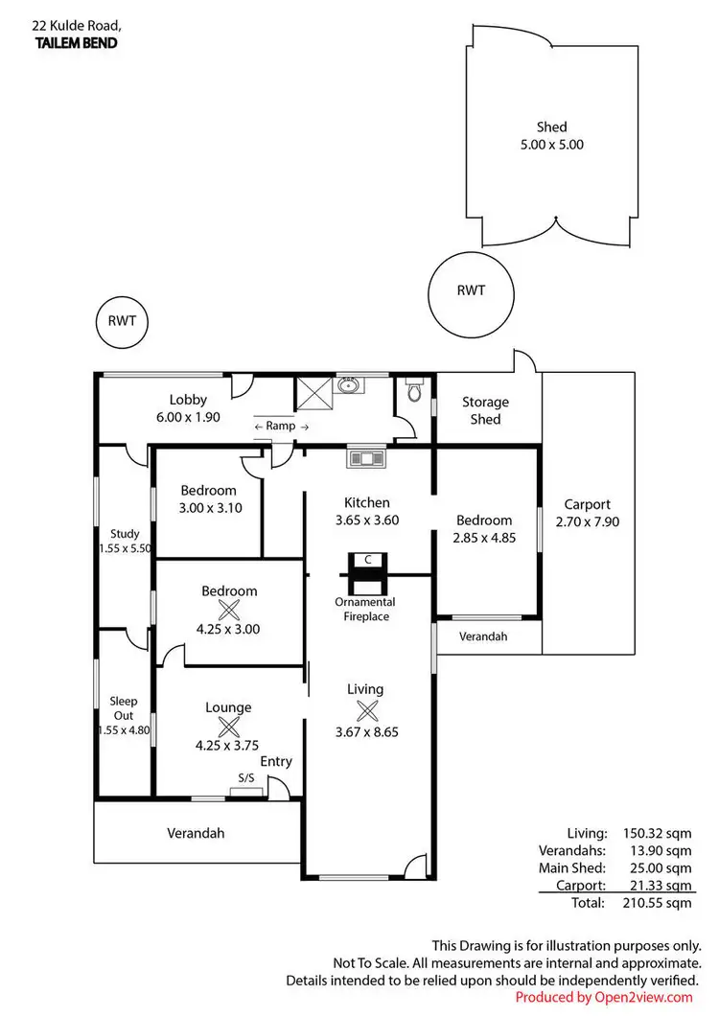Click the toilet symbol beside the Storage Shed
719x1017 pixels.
(414, 391)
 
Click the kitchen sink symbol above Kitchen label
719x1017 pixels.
(365, 457)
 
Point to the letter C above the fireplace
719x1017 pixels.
(366, 559)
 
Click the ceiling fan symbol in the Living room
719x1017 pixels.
(365, 710)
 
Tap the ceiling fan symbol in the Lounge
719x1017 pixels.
(228, 727)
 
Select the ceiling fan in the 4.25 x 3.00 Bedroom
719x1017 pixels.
(229, 610)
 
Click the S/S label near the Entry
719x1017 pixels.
(246, 778)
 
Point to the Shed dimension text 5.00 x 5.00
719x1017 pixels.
(551, 145)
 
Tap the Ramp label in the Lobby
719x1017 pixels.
(281, 426)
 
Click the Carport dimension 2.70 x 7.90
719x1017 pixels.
(587, 522)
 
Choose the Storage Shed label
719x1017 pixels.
(485, 410)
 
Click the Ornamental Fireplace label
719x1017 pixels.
(364, 609)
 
